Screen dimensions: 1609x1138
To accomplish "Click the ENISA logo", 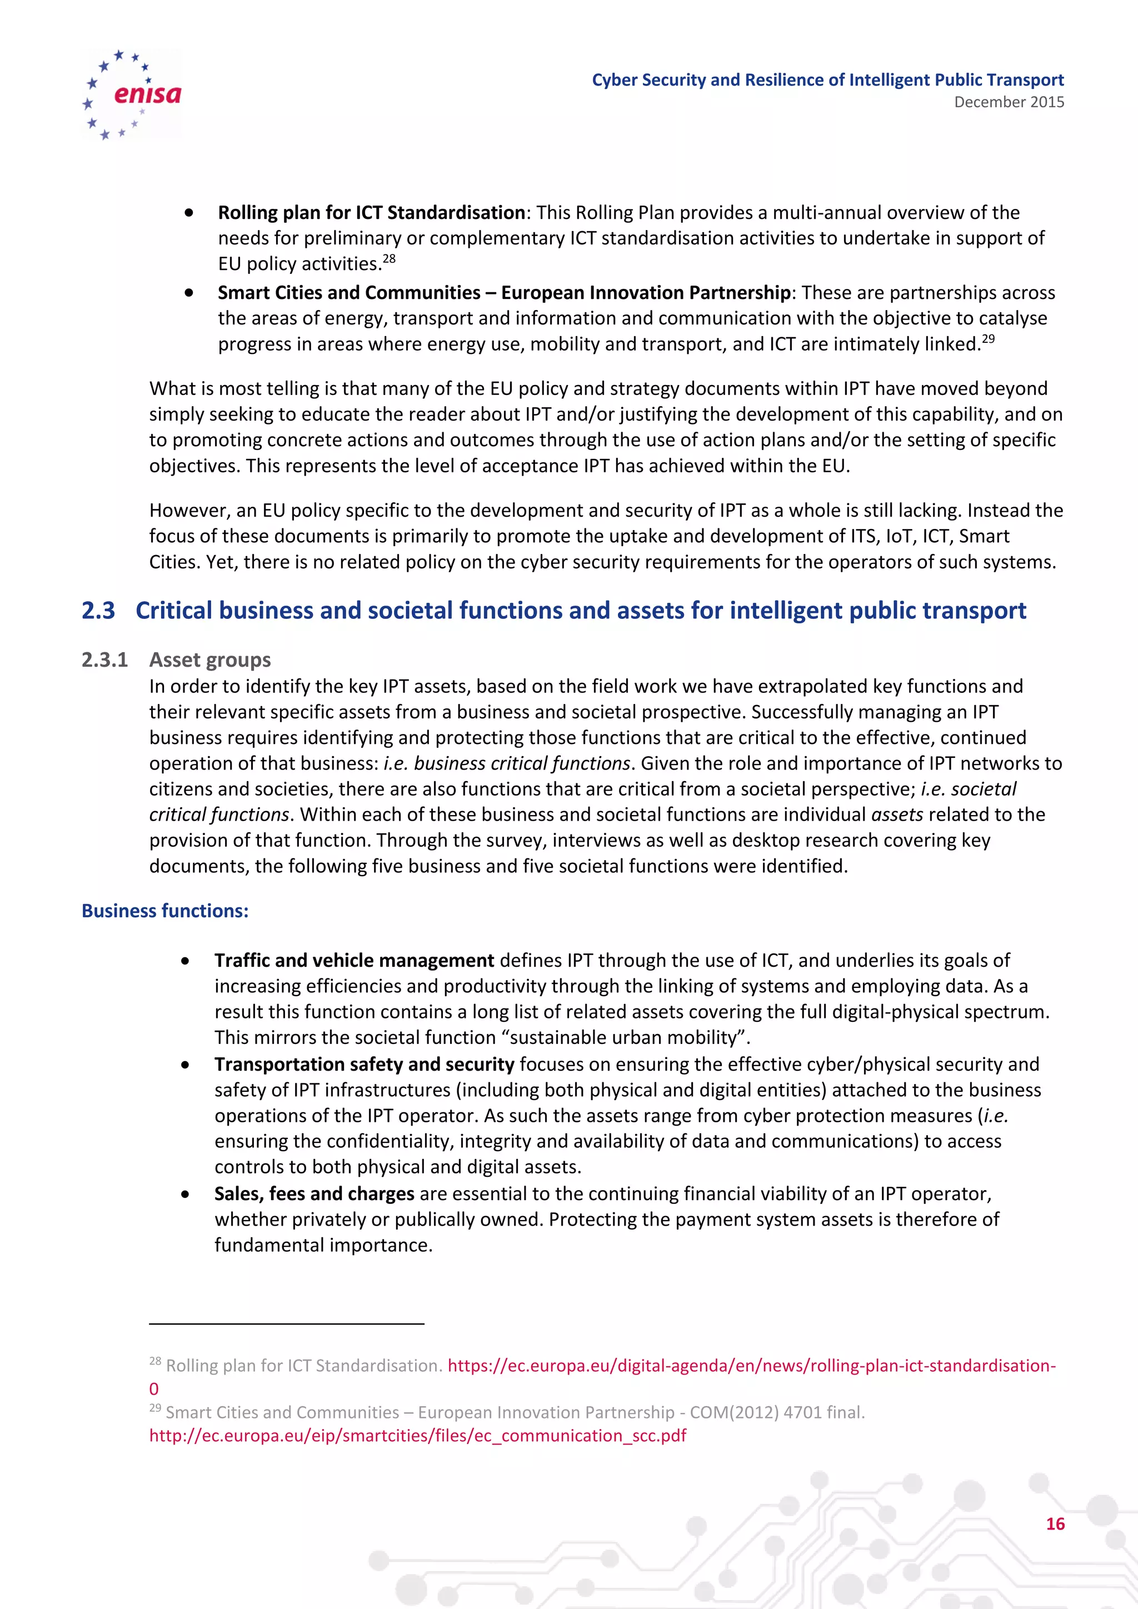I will coord(132,94).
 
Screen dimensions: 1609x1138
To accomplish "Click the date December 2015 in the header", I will coord(1009,102).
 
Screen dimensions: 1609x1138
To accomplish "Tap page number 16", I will coord(1055,1523).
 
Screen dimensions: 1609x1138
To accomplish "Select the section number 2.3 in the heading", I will coord(98,611).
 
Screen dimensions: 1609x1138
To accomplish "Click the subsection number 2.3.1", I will coord(104,660).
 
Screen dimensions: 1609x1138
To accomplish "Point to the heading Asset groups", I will coord(209,660).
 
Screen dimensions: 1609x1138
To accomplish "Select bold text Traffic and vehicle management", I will coord(354,960).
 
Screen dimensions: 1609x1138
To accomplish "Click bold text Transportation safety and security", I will coord(365,1064).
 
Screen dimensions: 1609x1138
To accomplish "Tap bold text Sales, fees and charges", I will coord(314,1193).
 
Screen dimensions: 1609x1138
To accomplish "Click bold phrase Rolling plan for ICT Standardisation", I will coord(371,212).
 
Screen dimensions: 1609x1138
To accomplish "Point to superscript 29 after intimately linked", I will coord(988,339).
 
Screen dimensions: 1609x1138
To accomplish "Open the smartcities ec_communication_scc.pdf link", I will coord(418,1436).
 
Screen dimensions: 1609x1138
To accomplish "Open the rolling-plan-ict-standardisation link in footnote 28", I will coord(751,1366).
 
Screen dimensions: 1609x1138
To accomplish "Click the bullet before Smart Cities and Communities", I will coord(188,293).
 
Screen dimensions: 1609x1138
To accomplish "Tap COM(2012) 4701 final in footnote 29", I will coord(777,1413).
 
